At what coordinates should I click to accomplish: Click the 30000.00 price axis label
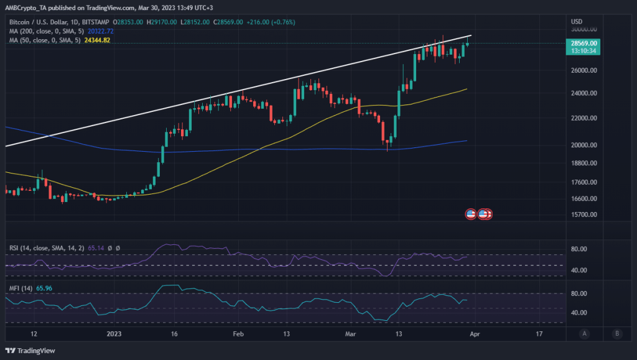tap(585, 29)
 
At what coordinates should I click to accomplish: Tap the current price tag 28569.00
tap(585, 43)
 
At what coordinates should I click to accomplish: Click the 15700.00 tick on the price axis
tap(585, 215)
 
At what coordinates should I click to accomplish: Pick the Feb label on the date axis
tap(238, 334)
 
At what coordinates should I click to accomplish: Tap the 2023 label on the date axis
tap(114, 334)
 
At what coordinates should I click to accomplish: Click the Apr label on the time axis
tap(475, 334)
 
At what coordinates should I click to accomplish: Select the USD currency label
tap(578, 22)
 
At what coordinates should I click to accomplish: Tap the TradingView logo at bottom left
tap(31, 349)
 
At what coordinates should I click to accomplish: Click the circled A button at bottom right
tap(585, 334)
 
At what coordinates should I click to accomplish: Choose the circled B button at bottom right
tap(616, 334)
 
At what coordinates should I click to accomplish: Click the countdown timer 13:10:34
tap(585, 52)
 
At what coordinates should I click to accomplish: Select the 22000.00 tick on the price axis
tap(585, 118)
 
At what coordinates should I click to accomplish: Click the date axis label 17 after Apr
tap(539, 334)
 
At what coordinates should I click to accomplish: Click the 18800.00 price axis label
tap(585, 163)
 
